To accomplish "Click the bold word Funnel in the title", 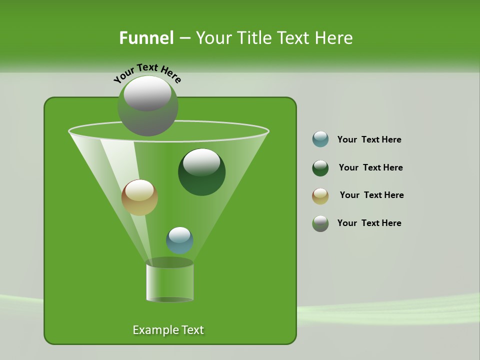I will tap(146, 38).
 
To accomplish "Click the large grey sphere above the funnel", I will tap(148, 106).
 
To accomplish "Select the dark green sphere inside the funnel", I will tap(202, 172).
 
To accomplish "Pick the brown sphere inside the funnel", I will tap(140, 197).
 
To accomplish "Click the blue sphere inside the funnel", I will tap(179, 240).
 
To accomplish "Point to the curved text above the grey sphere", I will tap(147, 73).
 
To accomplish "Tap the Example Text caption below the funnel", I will tap(168, 330).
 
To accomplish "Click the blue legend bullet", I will tap(320, 139).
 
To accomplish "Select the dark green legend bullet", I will tap(320, 168).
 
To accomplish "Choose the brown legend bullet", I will tap(320, 196).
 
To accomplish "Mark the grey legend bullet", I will tap(320, 223).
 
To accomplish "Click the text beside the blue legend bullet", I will tap(369, 140).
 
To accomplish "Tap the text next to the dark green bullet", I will tap(370, 168).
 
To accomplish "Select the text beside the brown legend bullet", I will tap(371, 195).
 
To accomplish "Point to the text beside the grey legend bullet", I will tap(369, 223).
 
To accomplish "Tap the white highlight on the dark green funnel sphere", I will tap(202, 161).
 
